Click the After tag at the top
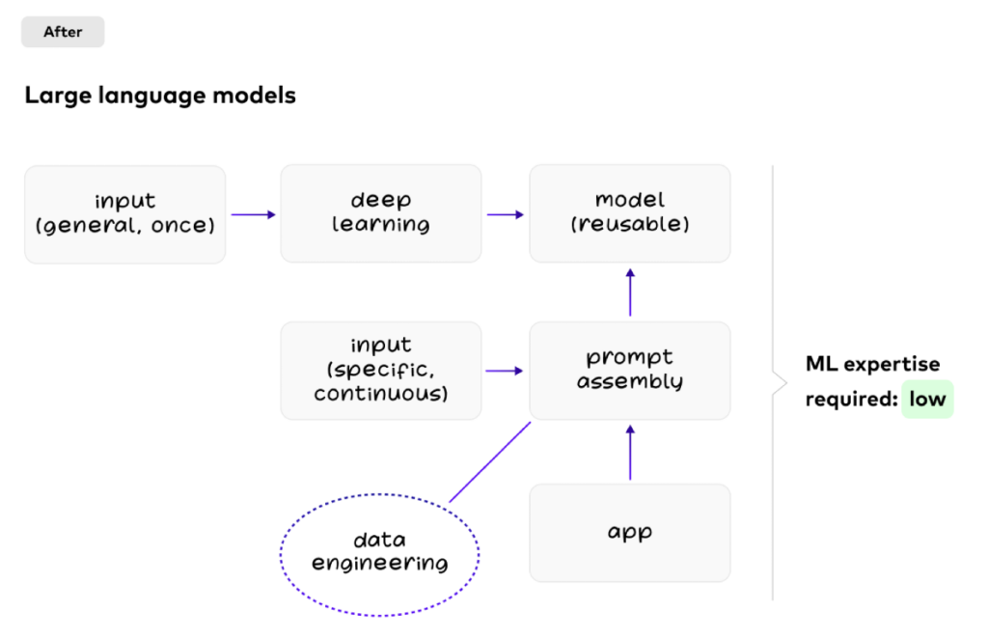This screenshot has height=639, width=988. [x=63, y=32]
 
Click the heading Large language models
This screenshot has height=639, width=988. [x=160, y=96]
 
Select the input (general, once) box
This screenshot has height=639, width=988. [x=124, y=213]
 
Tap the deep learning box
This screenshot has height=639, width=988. [x=380, y=213]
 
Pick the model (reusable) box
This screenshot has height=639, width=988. [x=629, y=213]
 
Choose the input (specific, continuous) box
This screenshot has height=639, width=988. [x=380, y=371]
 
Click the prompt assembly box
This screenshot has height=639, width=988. [x=629, y=371]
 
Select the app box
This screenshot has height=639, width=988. [x=629, y=533]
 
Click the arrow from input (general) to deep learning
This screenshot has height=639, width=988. [x=253, y=214]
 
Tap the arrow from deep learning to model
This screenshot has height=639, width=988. [x=505, y=214]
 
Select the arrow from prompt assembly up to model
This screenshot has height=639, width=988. [x=630, y=292]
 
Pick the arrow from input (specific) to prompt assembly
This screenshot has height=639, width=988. [x=505, y=371]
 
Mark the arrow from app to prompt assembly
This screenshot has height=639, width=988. [x=630, y=452]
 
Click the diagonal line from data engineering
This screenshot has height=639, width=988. [x=490, y=461]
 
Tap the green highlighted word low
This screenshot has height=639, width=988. [x=927, y=399]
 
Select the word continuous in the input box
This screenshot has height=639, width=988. [x=379, y=394]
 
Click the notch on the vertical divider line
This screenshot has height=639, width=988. [x=778, y=384]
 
